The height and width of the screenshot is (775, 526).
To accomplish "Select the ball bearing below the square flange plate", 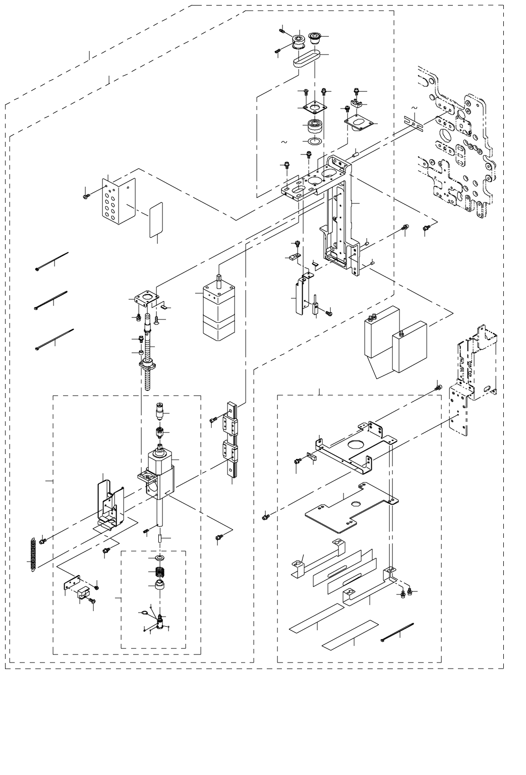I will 316,125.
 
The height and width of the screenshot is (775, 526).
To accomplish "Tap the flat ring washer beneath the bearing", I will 316,141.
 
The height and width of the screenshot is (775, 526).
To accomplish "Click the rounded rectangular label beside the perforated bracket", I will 156,219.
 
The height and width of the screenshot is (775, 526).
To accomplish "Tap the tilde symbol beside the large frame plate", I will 415,108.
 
